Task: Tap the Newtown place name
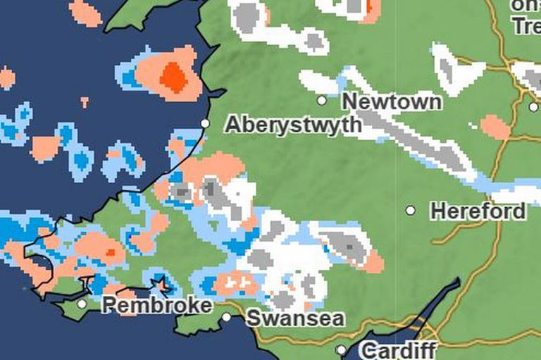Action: (392, 101)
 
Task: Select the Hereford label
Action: (478, 211)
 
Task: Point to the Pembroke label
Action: (156, 306)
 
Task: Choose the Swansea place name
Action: (295, 318)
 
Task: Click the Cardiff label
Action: (398, 350)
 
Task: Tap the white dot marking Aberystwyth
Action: (206, 123)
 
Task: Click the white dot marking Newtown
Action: (322, 100)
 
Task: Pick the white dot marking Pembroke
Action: (82, 304)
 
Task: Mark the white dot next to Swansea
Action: (227, 317)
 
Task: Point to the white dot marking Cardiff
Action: (341, 349)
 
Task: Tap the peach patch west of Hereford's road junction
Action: (495, 127)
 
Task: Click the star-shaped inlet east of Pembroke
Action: (161, 285)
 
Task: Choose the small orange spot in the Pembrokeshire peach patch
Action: (110, 252)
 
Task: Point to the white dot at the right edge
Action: (533, 107)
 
